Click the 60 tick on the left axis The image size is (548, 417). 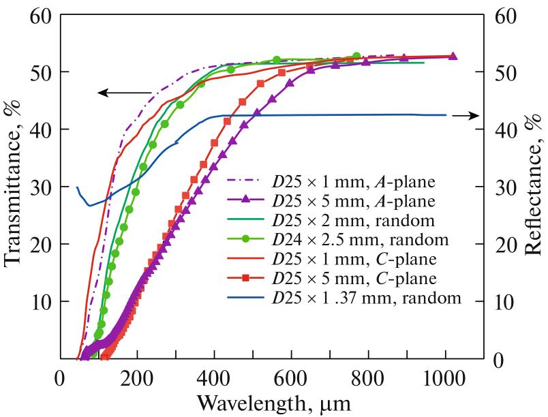[40, 15]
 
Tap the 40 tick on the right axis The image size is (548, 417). [506, 129]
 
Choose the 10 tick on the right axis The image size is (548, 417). [506, 301]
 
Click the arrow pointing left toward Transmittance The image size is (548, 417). [123, 92]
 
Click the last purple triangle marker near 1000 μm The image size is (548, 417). [453, 57]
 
